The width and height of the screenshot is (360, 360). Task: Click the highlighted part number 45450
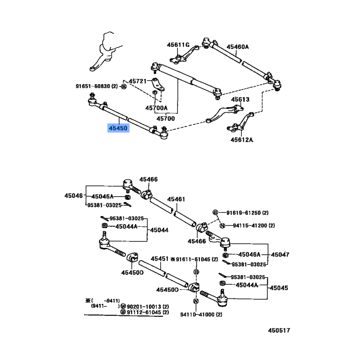pyautogui.click(x=118, y=128)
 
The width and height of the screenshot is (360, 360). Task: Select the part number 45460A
pyautogui.click(x=238, y=47)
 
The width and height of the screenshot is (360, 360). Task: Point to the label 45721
pyautogui.click(x=138, y=81)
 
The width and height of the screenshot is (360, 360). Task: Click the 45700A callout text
pyautogui.click(x=156, y=108)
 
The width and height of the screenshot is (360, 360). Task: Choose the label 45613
pyautogui.click(x=240, y=99)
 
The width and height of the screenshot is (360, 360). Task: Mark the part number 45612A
pyautogui.click(x=241, y=139)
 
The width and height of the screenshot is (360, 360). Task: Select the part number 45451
pyautogui.click(x=159, y=259)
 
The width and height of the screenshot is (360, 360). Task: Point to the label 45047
pyautogui.click(x=280, y=254)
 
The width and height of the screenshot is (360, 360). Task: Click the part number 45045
pyautogui.click(x=279, y=288)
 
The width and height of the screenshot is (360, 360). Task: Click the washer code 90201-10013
pyautogui.click(x=144, y=306)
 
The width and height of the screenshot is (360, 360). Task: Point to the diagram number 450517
pyautogui.click(x=279, y=331)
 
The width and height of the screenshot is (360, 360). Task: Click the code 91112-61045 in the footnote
pyautogui.click(x=144, y=312)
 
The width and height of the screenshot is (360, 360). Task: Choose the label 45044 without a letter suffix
pyautogui.click(x=159, y=230)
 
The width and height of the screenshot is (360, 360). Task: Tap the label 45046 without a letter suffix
pyautogui.click(x=73, y=196)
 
